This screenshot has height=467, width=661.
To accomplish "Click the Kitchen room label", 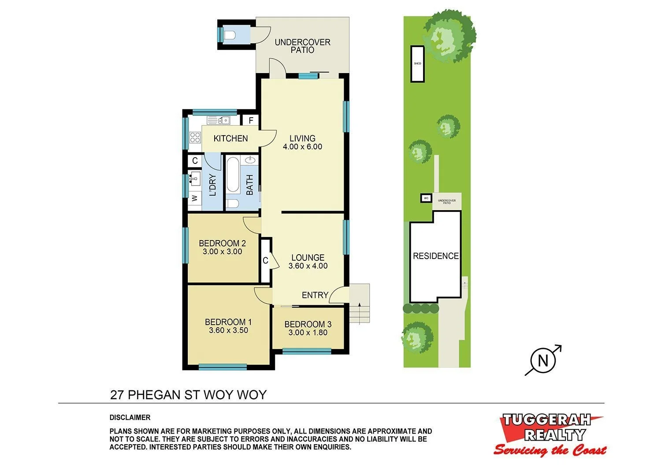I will tap(230, 138).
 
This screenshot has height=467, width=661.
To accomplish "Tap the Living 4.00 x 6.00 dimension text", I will tap(302, 147).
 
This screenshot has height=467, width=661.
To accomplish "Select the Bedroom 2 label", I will tap(222, 243).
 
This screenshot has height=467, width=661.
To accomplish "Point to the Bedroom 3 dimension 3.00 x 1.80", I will tap(308, 333).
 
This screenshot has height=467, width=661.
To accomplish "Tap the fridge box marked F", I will tap(251, 120).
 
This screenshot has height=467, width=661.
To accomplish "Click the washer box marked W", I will tap(194, 198).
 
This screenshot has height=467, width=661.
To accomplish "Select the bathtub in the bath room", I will tap(233, 175).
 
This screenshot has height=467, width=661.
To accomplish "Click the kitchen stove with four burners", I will tap(195, 137).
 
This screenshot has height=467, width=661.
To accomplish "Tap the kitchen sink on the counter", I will tap(219, 120).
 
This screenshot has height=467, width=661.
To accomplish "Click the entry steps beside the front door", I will tap(360, 304).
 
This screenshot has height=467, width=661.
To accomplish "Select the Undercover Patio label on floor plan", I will tap(302, 46).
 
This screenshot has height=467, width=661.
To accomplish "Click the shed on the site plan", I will tap(417, 63).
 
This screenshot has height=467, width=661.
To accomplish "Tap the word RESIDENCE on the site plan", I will tap(435, 256).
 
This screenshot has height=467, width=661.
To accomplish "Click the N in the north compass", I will tap(543, 361).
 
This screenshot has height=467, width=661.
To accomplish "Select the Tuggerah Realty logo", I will tap(550, 434).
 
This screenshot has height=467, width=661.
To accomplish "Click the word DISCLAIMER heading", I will tap(130, 417).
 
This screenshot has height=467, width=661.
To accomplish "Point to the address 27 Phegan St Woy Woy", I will tap(188, 394).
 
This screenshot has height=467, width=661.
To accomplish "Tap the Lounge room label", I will tap(308, 258).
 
